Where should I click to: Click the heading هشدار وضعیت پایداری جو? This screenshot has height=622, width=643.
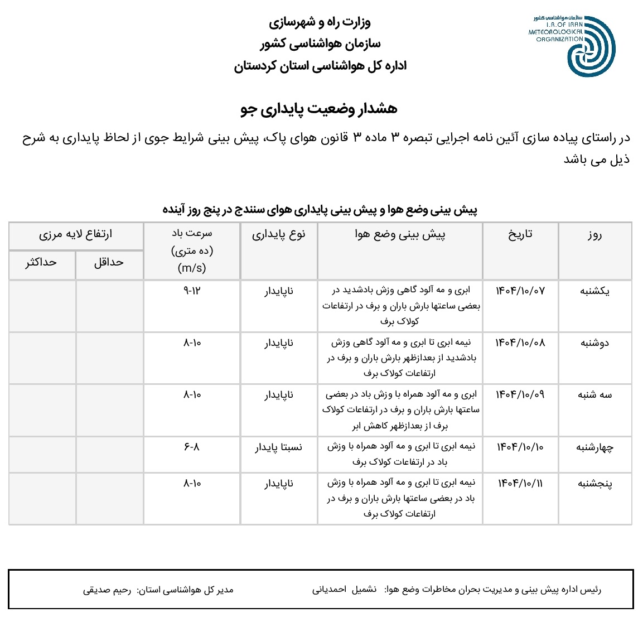[319, 108]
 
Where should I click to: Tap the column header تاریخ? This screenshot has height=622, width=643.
[520, 234]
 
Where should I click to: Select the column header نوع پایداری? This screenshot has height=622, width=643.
[278, 234]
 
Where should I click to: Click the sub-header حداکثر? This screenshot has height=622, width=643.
[41, 262]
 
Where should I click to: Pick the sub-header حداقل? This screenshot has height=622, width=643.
[109, 262]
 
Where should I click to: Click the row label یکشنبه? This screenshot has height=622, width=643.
[595, 291]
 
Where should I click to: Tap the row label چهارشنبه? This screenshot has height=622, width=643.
[594, 447]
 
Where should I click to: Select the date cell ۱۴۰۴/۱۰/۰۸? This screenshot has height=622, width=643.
[520, 343]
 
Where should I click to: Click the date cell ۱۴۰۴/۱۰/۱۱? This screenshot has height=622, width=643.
[520, 483]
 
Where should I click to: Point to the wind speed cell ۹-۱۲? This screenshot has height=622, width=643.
[192, 291]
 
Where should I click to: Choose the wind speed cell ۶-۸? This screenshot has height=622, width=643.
[192, 447]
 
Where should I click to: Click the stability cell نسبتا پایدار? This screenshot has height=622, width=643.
[279, 447]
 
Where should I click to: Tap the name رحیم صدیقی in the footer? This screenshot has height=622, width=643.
[107, 590]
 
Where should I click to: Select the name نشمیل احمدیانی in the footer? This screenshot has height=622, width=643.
[344, 590]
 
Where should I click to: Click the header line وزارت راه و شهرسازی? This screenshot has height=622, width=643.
[320, 22]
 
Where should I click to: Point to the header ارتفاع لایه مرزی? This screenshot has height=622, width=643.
[75, 234]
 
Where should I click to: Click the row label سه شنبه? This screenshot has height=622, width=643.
[594, 395]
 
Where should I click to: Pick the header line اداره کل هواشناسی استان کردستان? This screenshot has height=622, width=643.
[320, 66]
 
